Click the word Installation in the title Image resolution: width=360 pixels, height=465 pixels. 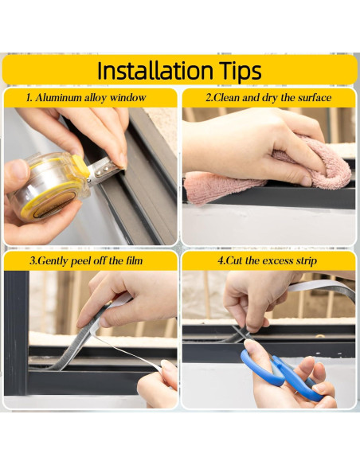155,71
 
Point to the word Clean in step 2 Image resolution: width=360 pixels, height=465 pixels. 226,98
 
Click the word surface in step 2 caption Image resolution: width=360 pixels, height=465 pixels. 315,98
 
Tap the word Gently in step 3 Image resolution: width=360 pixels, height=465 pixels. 54,261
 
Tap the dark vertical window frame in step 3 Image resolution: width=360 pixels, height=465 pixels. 16,334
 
